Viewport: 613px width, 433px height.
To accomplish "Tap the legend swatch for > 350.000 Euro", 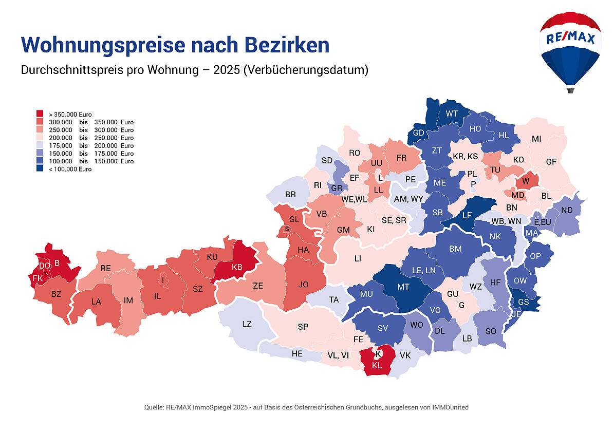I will (40, 114).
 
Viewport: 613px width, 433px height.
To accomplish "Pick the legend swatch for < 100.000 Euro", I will (40, 169).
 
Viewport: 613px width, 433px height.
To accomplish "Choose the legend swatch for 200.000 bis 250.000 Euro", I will (40, 138).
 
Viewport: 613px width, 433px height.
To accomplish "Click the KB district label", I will (237, 267).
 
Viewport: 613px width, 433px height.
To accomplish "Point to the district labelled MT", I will (403, 287).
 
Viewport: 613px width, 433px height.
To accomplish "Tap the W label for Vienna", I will (526, 181).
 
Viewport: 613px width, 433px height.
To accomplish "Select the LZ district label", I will (247, 324).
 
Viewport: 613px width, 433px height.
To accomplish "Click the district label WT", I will (452, 113).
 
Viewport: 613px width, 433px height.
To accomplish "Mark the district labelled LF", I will (467, 215).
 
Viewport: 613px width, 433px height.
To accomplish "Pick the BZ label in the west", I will (56, 294).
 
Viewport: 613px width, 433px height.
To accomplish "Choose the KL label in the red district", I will (377, 365).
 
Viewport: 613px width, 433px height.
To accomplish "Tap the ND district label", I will (567, 210).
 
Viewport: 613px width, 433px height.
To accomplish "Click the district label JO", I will (304, 284).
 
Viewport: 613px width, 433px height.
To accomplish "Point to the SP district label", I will (303, 327).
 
